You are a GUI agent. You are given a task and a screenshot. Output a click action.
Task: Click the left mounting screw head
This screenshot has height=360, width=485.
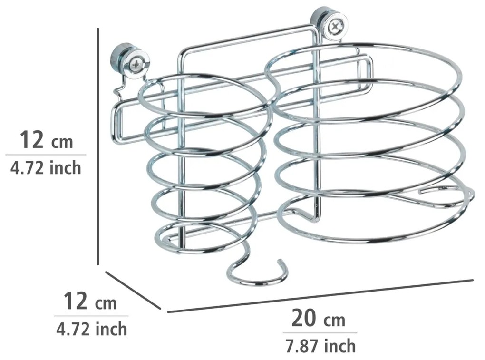pyautogui.click(x=136, y=64)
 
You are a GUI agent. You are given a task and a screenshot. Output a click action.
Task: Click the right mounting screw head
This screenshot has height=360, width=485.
pyautogui.click(x=335, y=25)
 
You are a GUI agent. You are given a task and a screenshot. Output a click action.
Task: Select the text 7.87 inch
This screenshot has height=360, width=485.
pyautogui.click(x=320, y=345)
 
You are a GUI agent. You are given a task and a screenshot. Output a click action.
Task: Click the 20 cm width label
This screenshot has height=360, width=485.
pyautogui.click(x=318, y=319)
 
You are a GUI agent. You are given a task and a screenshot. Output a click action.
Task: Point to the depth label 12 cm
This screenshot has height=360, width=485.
pyautogui.click(x=90, y=302)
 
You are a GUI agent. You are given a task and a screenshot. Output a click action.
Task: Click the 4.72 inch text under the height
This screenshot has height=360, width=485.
pyautogui.click(x=46, y=168)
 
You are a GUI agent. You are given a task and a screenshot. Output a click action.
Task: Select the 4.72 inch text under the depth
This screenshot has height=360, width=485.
pyautogui.click(x=92, y=329)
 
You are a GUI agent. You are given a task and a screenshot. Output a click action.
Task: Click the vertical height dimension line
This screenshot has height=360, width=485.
pyautogui.click(x=98, y=146)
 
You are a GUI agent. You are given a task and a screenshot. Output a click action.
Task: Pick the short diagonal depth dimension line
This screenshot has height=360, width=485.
pyautogui.click(x=133, y=290)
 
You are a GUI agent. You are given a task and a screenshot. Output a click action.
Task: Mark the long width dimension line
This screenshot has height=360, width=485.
pyautogui.click(x=320, y=296)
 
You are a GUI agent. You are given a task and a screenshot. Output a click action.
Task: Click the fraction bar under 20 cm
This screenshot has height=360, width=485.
pyautogui.click(x=320, y=333)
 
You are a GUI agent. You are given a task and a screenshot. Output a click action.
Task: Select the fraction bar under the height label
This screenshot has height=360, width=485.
pyautogui.click(x=46, y=155)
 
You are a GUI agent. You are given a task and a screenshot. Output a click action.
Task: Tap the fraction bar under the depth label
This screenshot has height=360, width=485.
pyautogui.click(x=91, y=316)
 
